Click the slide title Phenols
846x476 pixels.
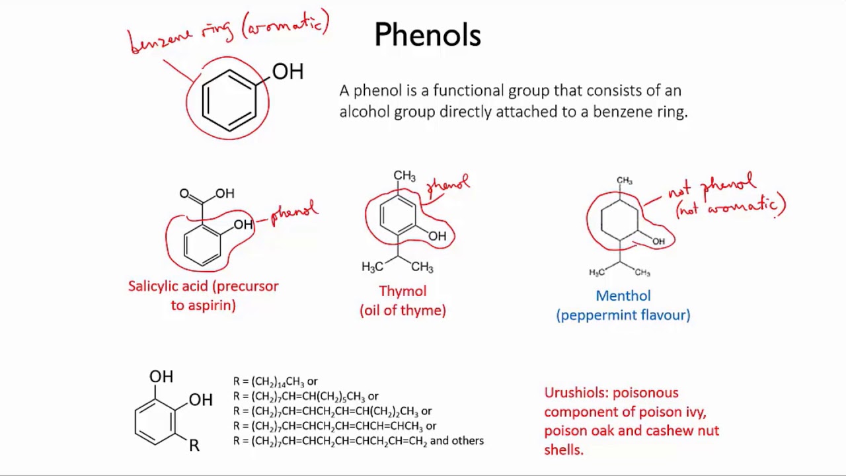tap(428, 35)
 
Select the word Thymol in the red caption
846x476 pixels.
tap(403, 292)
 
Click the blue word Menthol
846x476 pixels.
tap(623, 296)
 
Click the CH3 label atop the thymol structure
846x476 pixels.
tap(404, 176)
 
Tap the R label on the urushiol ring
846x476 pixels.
tap(194, 446)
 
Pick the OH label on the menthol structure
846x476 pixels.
tap(658, 241)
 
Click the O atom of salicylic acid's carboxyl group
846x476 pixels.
tap(184, 194)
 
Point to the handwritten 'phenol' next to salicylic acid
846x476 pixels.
tap(295, 213)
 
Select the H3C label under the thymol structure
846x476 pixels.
tap(372, 266)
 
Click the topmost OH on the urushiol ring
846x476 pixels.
tap(161, 377)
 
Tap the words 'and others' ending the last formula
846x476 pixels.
tap(457, 441)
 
